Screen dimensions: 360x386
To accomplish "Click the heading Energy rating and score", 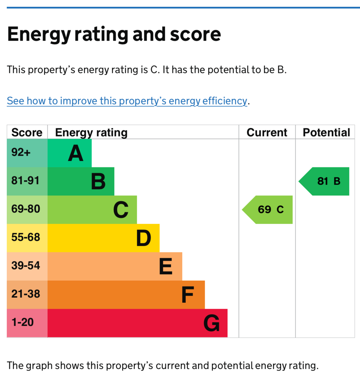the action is coord(114,34).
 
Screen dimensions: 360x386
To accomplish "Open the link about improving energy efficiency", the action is coord(127,101).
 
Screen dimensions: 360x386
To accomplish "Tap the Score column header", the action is coord(27,132).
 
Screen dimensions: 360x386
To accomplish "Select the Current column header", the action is coord(267,132).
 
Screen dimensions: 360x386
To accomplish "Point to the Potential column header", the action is coord(326,132).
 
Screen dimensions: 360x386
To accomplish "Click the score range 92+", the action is coord(21,152).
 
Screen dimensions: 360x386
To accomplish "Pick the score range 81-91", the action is coord(25,181).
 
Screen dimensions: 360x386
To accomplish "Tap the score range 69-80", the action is coord(26,209).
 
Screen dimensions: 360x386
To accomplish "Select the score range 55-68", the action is coord(26,237).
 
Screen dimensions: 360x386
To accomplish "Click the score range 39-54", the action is coord(26,266).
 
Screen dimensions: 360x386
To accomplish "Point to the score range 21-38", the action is coord(26,294).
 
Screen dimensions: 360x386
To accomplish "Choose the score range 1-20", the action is coord(23,322).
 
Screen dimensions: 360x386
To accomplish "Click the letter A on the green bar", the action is coord(75,153).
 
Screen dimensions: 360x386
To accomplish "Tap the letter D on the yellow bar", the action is coord(143,238).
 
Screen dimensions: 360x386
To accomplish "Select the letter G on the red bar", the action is coord(212,323).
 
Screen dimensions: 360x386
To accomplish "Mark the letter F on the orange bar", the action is coord(188,295).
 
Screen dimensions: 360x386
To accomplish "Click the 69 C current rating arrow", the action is coord(267,210).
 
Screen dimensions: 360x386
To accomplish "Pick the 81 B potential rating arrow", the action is coord(324,181).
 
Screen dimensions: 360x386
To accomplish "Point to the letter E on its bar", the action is coord(166,267).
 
